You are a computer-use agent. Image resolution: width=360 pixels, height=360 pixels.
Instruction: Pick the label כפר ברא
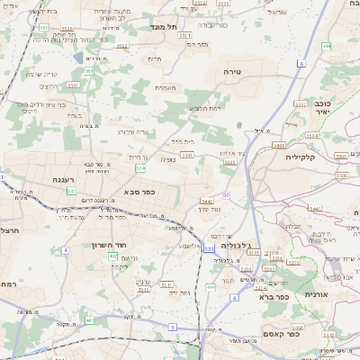pos(272,296)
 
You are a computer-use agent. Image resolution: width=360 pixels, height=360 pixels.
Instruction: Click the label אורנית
pos(329,294)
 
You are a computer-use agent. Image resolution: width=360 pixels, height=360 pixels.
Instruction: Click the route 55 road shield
pos(226,194)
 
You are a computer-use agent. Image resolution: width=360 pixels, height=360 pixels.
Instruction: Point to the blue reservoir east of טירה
pos(241,124)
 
